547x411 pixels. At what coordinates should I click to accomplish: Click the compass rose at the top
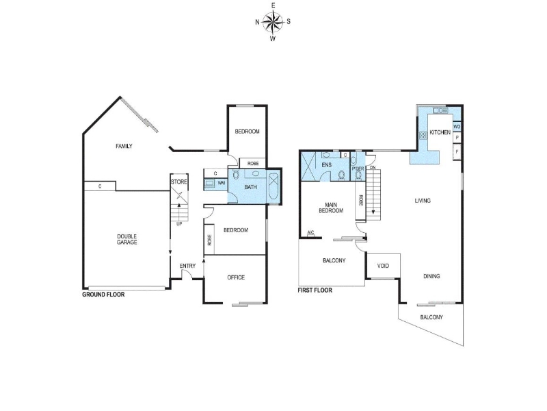coord(273,22)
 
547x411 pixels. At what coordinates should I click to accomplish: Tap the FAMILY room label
coord(124,146)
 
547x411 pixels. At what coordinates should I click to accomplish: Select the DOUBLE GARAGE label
coord(127,239)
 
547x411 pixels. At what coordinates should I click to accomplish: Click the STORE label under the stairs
coord(179,182)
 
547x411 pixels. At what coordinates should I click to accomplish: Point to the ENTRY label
coord(187,266)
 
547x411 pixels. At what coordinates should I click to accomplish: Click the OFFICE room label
coord(236,277)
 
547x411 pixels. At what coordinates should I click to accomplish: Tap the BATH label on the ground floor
coord(250,187)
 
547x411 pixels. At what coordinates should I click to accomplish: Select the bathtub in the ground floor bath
coord(273,186)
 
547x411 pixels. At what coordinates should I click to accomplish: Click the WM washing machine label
coord(221,183)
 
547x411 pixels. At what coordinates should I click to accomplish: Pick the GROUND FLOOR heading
coord(103,295)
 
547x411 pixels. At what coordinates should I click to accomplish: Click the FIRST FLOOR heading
coord(315,290)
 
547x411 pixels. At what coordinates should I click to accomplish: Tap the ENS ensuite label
coord(327,165)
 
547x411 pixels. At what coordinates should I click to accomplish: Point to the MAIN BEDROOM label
coord(331,208)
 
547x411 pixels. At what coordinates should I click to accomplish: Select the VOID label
coord(383,266)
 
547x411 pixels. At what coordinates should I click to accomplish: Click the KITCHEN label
coord(440,132)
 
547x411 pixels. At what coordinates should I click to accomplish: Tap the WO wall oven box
coord(457,127)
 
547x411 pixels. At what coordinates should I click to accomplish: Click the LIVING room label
coord(423,201)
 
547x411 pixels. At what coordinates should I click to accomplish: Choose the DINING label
coord(431,276)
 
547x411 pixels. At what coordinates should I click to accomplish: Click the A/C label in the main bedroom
coord(310,233)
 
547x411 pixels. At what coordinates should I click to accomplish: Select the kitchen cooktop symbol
coord(423,135)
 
